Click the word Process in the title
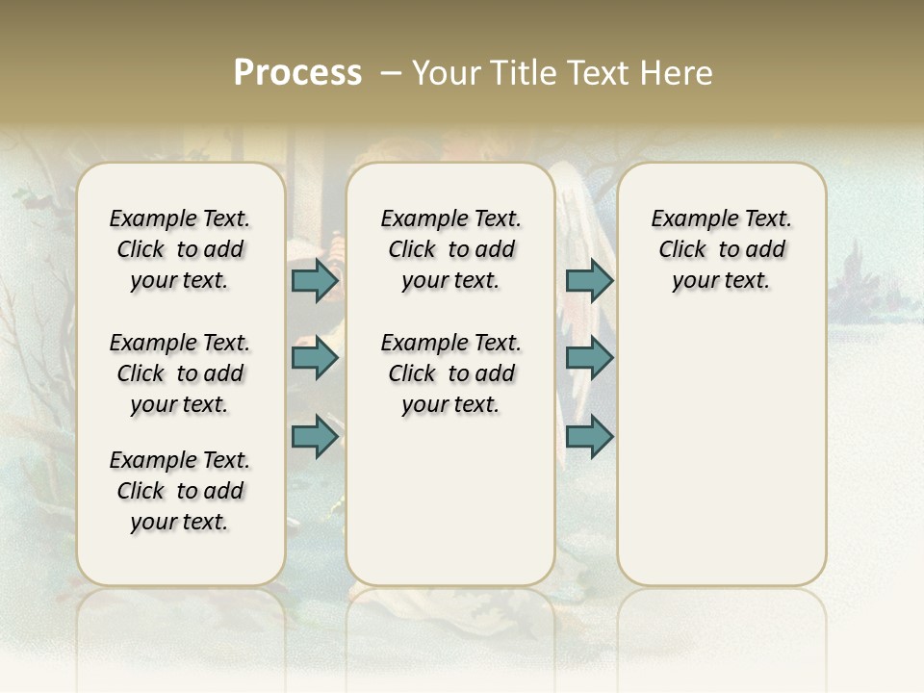[x=297, y=73]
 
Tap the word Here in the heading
[x=679, y=73]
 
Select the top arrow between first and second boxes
[x=315, y=280]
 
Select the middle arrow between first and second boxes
[x=315, y=358]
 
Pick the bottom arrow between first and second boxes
[x=315, y=437]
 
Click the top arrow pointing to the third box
[x=589, y=280]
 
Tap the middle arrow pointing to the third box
[x=589, y=358]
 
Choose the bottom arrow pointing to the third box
[x=589, y=437]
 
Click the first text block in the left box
[x=180, y=249]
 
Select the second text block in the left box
[x=180, y=373]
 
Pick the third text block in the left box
[x=180, y=491]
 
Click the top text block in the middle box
[x=450, y=249]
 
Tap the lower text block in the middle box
[x=450, y=373]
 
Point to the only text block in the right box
[x=721, y=249]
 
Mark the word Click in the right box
[x=682, y=250]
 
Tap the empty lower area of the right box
[x=721, y=452]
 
